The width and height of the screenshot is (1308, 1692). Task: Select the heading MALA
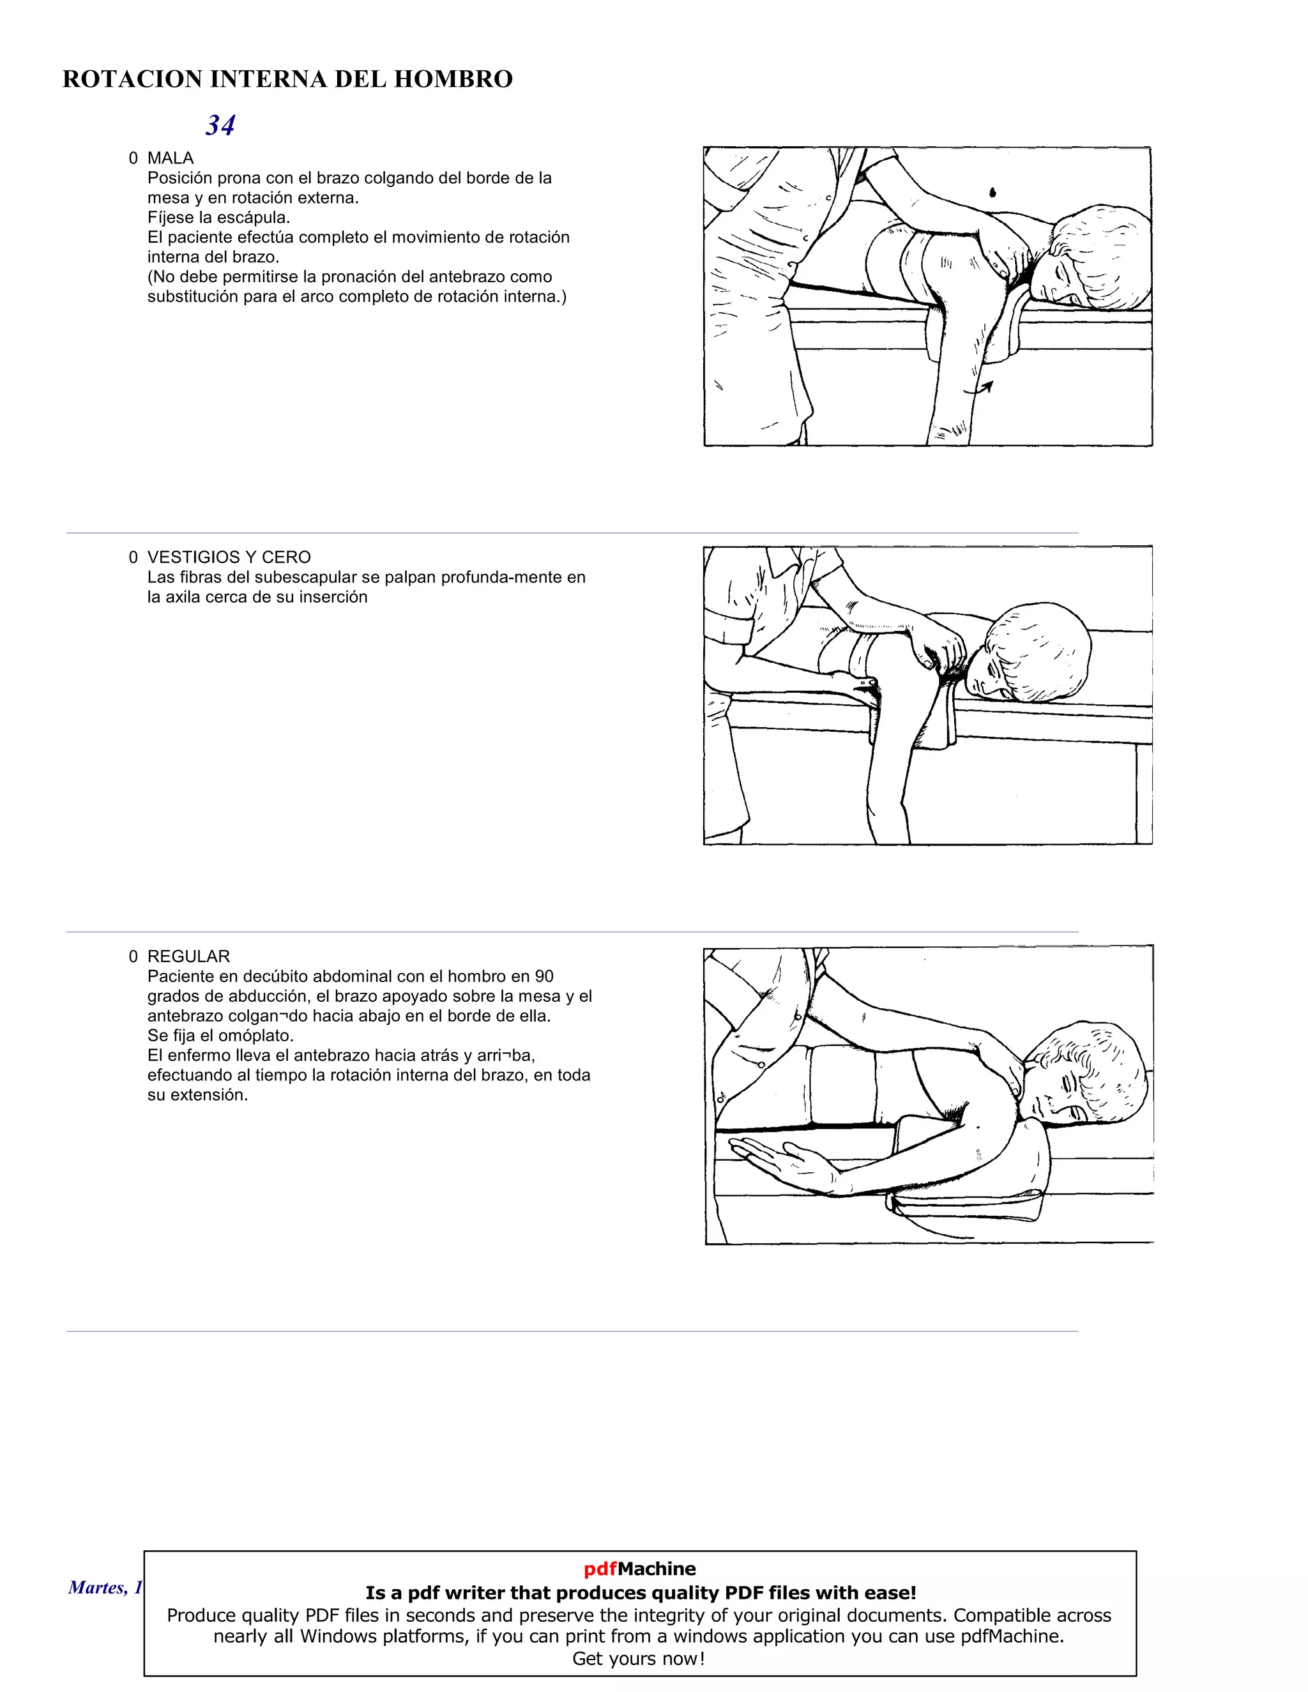(171, 158)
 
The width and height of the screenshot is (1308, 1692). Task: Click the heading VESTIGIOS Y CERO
(229, 557)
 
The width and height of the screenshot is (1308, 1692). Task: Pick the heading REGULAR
(188, 956)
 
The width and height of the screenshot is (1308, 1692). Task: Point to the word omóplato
(255, 1036)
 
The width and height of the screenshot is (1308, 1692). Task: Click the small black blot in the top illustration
(992, 192)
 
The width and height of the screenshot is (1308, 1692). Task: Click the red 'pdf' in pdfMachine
(600, 1569)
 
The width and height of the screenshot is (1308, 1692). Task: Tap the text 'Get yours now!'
(639, 1658)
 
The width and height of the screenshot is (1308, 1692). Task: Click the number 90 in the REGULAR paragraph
(544, 976)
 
